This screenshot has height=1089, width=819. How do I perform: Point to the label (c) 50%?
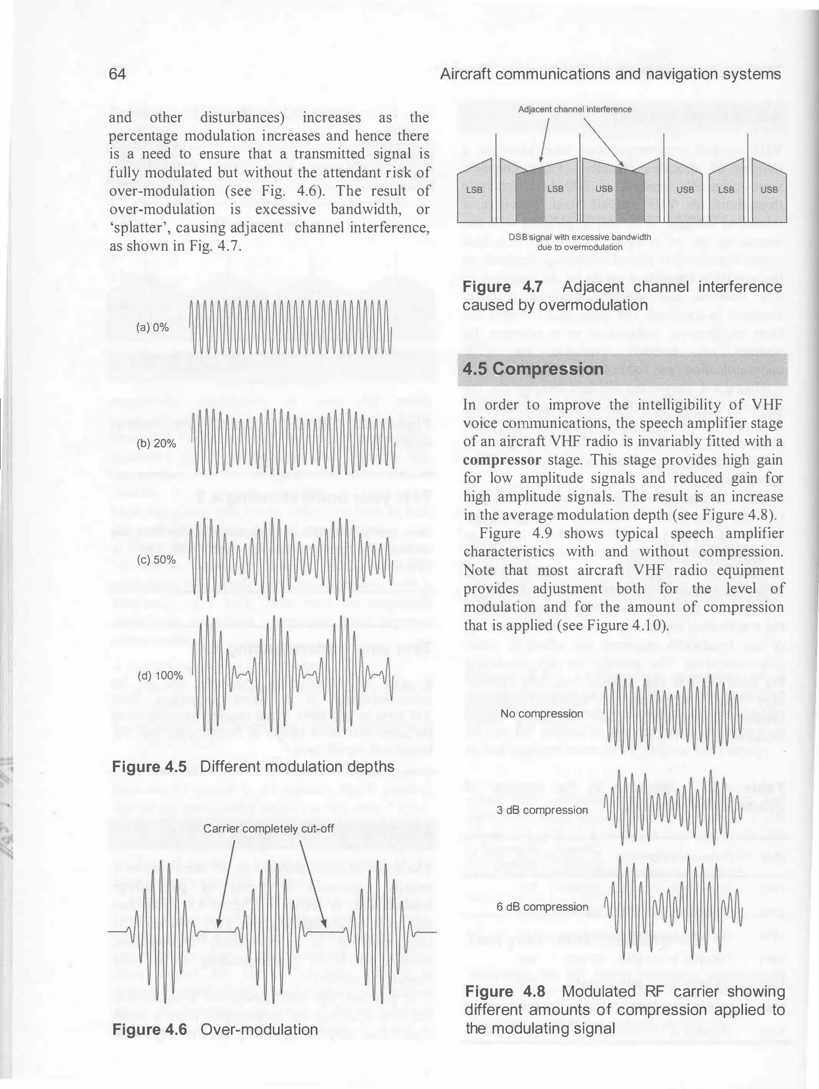[x=157, y=560]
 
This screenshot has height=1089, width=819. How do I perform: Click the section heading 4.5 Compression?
[x=533, y=369]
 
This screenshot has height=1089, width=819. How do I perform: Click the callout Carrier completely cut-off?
[x=268, y=829]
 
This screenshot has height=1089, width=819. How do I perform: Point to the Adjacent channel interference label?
[x=575, y=109]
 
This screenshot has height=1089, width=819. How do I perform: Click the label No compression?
[x=542, y=714]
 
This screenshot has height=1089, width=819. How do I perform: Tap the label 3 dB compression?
[x=542, y=810]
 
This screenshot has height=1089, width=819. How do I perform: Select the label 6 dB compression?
[x=542, y=907]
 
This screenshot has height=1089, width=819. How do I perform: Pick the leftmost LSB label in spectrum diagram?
[x=474, y=189]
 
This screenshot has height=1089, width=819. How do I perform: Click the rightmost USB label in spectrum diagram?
[x=769, y=189]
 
